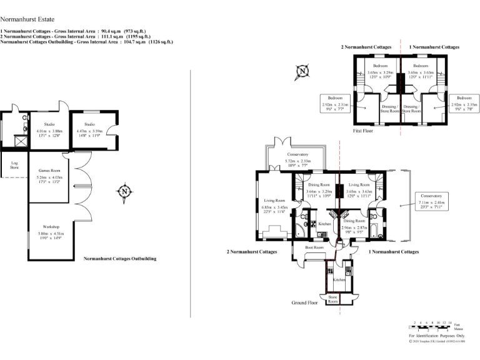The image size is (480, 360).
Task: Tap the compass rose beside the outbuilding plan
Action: pos(124,191)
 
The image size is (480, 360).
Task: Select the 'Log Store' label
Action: pos(14,166)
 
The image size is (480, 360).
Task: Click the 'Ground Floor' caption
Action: pos(304,302)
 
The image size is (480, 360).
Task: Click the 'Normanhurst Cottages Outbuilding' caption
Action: pos(119,258)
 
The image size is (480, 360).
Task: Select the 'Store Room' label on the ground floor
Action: pos(333,299)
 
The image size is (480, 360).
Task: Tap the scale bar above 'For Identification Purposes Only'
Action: pos(431,325)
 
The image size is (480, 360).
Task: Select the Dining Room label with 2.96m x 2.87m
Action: pos(354,224)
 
